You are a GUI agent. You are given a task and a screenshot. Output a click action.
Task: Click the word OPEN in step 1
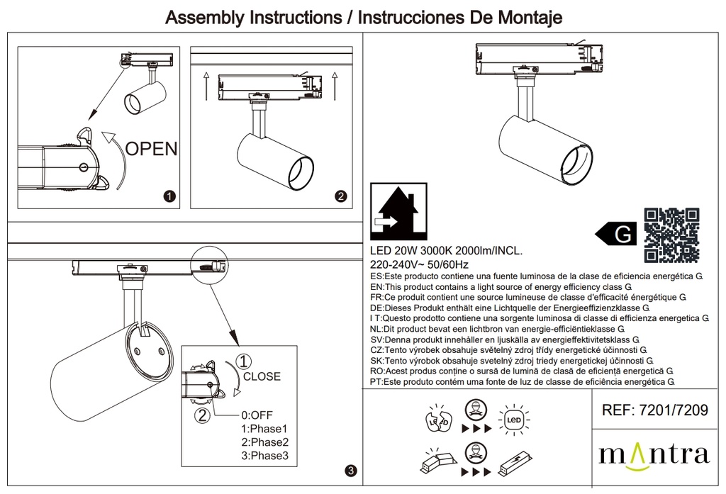[151, 148]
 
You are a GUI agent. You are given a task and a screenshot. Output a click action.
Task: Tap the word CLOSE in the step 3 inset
[262, 376]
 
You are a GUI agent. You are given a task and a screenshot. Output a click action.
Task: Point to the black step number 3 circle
[352, 470]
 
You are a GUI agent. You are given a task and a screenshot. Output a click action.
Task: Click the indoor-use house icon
[399, 211]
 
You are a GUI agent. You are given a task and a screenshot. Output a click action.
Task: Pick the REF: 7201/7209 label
[654, 410]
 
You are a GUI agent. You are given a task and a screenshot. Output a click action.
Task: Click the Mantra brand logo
[654, 454]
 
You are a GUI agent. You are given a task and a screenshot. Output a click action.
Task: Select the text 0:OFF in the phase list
[257, 415]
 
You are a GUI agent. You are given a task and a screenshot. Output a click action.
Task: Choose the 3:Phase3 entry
[264, 456]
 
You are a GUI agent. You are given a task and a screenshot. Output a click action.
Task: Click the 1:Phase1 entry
[264, 429]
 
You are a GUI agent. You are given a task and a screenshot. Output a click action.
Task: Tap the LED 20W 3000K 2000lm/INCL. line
[447, 251]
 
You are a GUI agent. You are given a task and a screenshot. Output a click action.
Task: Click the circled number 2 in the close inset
[203, 416]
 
